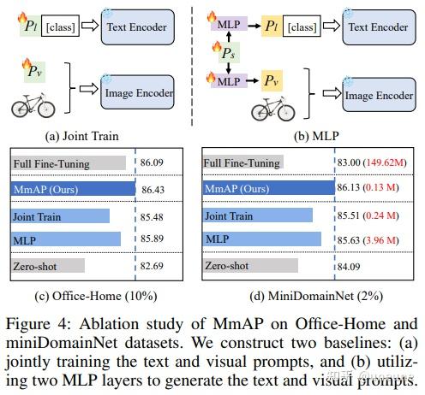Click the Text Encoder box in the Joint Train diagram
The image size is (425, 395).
click(139, 27)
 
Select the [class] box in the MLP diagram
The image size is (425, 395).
click(316, 26)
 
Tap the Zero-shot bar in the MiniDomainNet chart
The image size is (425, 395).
click(249, 266)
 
